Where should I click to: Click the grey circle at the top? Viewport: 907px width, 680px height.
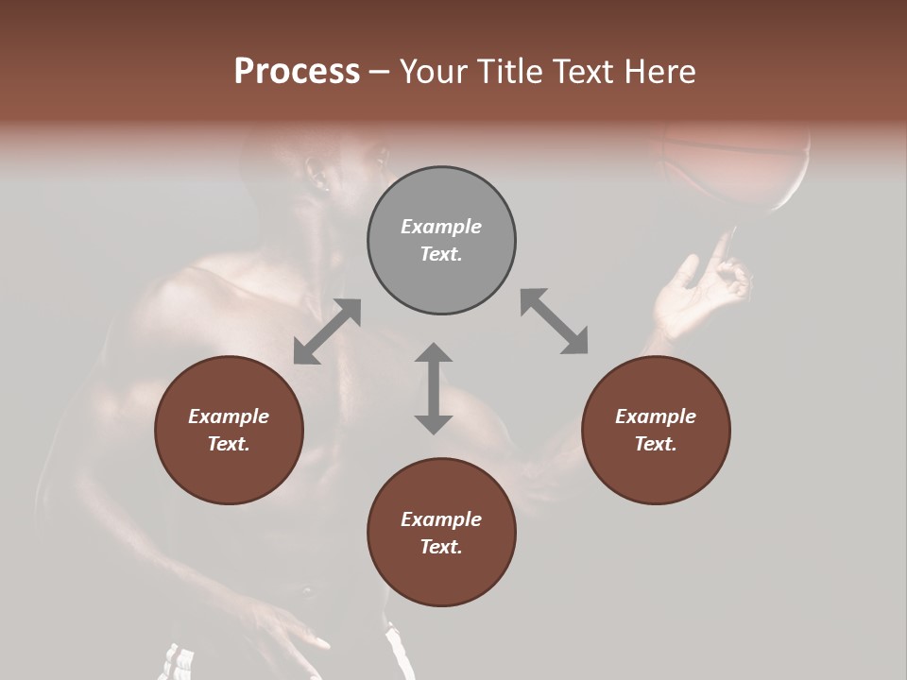(441, 241)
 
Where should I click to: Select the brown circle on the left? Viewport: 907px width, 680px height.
(229, 430)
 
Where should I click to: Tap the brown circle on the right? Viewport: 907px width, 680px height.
(656, 430)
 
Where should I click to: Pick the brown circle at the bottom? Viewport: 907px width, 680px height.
(441, 533)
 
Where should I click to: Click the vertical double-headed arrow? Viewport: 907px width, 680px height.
(434, 388)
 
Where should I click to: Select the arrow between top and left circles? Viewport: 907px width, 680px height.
(327, 331)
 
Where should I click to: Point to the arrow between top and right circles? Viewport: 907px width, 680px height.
(554, 321)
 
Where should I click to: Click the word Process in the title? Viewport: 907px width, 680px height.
(297, 72)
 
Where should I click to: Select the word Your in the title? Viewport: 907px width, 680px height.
(432, 72)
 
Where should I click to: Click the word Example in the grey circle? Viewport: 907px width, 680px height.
(441, 227)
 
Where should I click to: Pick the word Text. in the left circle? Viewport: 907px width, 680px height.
(229, 444)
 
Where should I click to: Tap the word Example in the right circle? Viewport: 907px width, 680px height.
(656, 416)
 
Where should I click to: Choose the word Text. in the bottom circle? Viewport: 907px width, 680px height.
(441, 547)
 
